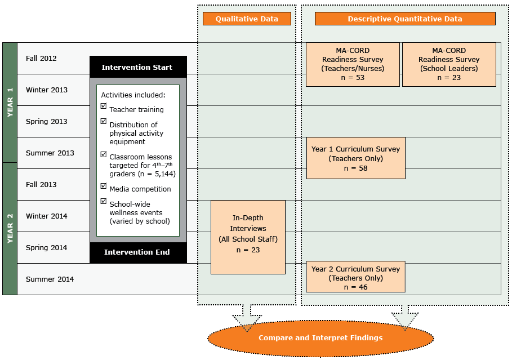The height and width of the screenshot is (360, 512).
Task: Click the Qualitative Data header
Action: (247, 19)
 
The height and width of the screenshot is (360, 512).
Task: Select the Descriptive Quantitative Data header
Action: (404, 19)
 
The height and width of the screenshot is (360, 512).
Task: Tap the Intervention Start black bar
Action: (137, 67)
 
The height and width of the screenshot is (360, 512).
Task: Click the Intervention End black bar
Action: (137, 252)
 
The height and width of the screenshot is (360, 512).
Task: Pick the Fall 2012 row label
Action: (41, 58)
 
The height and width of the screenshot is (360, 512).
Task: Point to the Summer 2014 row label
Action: (50, 279)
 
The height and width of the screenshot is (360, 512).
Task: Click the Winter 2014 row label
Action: (46, 216)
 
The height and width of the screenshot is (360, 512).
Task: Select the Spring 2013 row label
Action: (46, 121)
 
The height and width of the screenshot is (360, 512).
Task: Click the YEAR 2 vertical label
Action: (10, 228)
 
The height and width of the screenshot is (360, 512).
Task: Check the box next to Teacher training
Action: (103, 106)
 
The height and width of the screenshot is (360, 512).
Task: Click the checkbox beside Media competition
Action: (103, 185)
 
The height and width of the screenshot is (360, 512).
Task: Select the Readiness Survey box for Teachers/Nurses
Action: (353, 64)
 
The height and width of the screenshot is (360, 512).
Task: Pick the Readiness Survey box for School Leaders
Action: (448, 64)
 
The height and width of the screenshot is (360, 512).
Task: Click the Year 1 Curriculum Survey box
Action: (355, 158)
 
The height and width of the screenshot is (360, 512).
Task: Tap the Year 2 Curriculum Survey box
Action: (355, 277)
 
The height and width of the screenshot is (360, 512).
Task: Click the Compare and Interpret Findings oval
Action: (320, 338)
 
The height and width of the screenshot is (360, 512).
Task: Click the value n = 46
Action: (355, 287)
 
